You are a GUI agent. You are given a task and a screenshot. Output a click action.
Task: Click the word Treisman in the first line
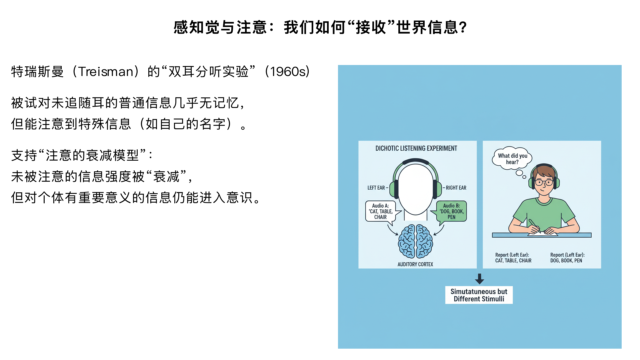tap(106, 72)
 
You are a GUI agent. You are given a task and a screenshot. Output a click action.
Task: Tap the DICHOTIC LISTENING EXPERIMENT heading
tap(416, 148)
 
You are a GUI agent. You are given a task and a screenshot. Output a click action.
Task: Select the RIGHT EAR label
tap(456, 188)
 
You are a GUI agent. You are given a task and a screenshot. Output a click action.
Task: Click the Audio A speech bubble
tap(380, 211)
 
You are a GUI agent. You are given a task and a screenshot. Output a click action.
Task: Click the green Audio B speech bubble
tap(452, 211)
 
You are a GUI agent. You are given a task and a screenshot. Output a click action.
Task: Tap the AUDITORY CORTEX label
tap(415, 264)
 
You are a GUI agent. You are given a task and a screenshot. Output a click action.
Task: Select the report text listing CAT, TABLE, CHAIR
tap(513, 258)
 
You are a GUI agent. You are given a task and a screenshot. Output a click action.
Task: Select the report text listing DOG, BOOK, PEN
tap(567, 258)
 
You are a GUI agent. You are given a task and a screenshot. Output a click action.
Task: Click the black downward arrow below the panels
tap(479, 279)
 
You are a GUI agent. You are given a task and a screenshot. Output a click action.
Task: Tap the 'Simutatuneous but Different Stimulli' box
tap(479, 295)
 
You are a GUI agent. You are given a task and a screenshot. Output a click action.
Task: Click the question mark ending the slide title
tap(463, 27)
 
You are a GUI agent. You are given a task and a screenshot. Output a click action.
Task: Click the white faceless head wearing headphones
tap(415, 188)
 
